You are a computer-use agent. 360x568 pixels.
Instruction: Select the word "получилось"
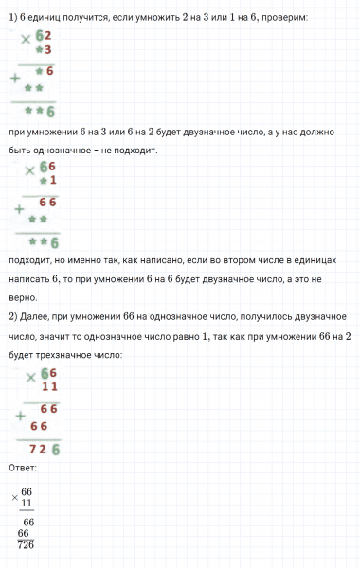(x=249, y=316)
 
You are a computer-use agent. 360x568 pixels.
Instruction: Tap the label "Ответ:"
(x=22, y=469)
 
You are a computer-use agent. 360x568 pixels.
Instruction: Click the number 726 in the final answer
(x=26, y=544)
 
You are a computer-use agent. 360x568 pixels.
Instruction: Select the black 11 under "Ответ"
(x=27, y=503)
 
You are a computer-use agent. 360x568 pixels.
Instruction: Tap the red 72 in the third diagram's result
(x=38, y=448)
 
